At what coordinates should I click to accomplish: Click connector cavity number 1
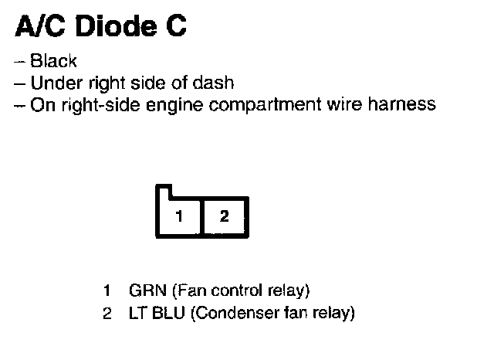(x=179, y=217)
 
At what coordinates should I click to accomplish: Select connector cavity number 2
(x=225, y=217)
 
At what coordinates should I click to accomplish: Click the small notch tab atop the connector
(x=164, y=191)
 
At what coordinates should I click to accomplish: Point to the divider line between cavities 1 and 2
(x=201, y=217)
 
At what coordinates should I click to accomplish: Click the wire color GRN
(x=143, y=291)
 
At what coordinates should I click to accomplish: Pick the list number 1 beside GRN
(x=108, y=291)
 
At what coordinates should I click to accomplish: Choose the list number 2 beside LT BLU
(x=108, y=314)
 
